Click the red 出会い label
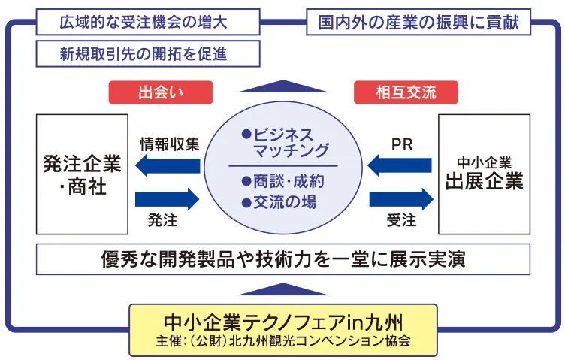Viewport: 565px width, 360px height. click(160, 92)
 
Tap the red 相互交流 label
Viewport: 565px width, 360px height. click(406, 92)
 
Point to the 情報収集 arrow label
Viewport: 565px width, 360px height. click(170, 144)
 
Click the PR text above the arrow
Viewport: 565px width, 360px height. click(402, 144)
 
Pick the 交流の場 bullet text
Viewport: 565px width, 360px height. click(279, 201)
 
